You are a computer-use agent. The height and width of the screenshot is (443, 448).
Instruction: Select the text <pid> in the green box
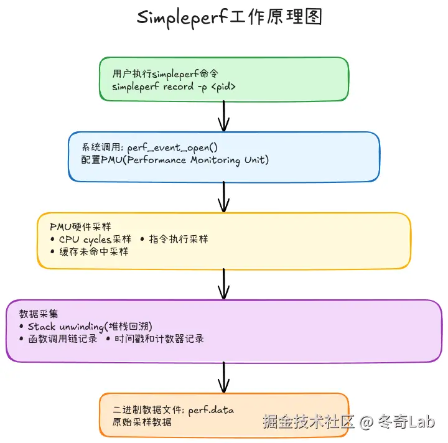pos(223,86)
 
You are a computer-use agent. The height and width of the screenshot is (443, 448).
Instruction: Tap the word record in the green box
pos(179,86)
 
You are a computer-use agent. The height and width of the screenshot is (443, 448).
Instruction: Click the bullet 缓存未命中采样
pos(93,251)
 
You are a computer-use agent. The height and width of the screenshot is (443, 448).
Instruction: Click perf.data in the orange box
pos(212,411)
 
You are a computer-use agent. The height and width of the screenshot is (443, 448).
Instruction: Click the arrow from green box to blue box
pos(224,116)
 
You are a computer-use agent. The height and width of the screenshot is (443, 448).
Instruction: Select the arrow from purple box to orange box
pos(224,377)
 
